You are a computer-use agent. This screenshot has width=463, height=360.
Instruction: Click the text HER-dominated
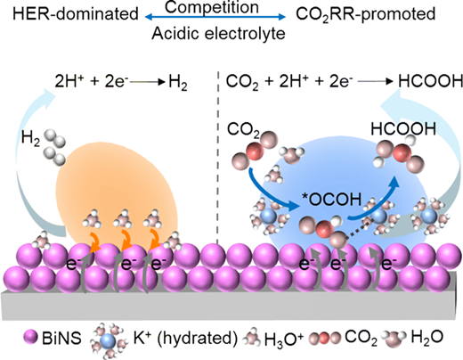tap(76, 13)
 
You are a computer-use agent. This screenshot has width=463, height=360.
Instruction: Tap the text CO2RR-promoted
tap(366, 14)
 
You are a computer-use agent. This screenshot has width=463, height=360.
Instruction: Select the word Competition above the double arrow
tap(212, 7)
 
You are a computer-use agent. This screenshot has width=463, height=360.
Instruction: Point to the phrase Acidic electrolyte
tap(218, 33)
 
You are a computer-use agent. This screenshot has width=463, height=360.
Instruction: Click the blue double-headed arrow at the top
tap(215, 17)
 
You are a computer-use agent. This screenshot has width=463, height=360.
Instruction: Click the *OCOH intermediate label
tap(331, 200)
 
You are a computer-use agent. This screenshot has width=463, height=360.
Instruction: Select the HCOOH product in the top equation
tap(430, 81)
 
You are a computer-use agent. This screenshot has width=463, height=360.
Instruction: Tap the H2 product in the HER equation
tap(178, 82)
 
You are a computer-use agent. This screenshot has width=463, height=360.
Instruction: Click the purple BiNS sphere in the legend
tap(30, 338)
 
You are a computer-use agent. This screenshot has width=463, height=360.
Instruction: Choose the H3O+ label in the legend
tap(284, 340)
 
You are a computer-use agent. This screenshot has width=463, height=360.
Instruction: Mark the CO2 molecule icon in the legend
tap(325, 338)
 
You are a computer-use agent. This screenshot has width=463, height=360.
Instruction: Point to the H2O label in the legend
tap(427, 339)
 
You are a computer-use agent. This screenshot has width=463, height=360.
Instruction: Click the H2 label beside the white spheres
tap(30, 138)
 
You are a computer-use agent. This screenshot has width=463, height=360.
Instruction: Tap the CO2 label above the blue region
tap(243, 131)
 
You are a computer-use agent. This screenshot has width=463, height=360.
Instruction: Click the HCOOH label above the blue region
tap(403, 129)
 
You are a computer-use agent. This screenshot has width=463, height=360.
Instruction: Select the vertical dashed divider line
tap(218, 158)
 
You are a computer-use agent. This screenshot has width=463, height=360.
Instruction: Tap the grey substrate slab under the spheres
tap(229, 306)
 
